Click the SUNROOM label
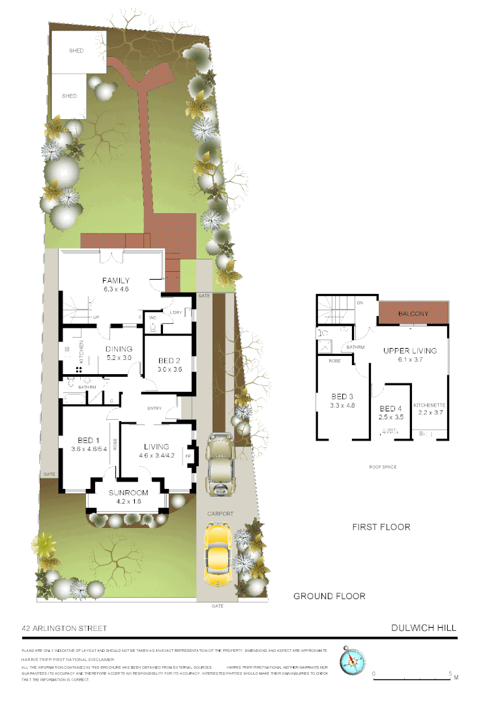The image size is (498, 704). (x=128, y=493)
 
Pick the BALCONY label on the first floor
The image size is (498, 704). (x=413, y=314)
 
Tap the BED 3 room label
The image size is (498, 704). (x=342, y=396)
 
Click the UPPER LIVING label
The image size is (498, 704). (x=409, y=351)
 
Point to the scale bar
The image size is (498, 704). (x=412, y=679)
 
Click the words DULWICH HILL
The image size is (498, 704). (x=424, y=628)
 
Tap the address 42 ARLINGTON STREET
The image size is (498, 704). (x=64, y=628)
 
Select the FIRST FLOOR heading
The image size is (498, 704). (x=381, y=527)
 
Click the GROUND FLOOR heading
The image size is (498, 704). (x=329, y=596)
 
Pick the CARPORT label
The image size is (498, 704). (x=220, y=514)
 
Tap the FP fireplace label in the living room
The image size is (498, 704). (x=189, y=456)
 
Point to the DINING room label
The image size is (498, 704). (x=119, y=349)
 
